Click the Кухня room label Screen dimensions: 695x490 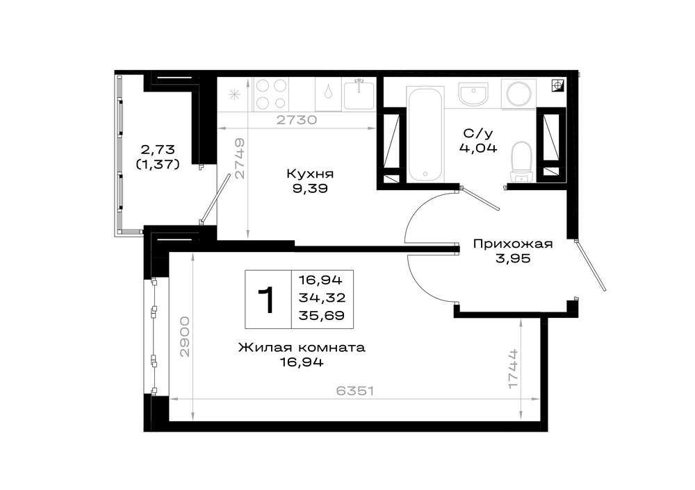click(310, 174)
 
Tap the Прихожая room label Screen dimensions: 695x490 click(513, 244)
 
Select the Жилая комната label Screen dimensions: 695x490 click(302, 348)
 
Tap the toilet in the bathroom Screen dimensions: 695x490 click(521, 162)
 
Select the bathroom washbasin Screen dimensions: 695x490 click(473, 94)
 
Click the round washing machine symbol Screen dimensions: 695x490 click(519, 94)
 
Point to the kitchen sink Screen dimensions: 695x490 click(359, 94)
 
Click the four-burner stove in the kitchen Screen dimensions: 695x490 click(270, 94)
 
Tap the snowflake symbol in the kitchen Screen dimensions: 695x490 click(234, 94)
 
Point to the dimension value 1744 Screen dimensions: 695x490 click(513, 369)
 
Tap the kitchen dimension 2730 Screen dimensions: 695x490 click(297, 120)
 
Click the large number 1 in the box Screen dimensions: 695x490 click(268, 300)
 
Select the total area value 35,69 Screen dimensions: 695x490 click(322, 316)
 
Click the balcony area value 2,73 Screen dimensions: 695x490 click(158, 149)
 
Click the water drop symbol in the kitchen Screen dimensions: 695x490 click(328, 93)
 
